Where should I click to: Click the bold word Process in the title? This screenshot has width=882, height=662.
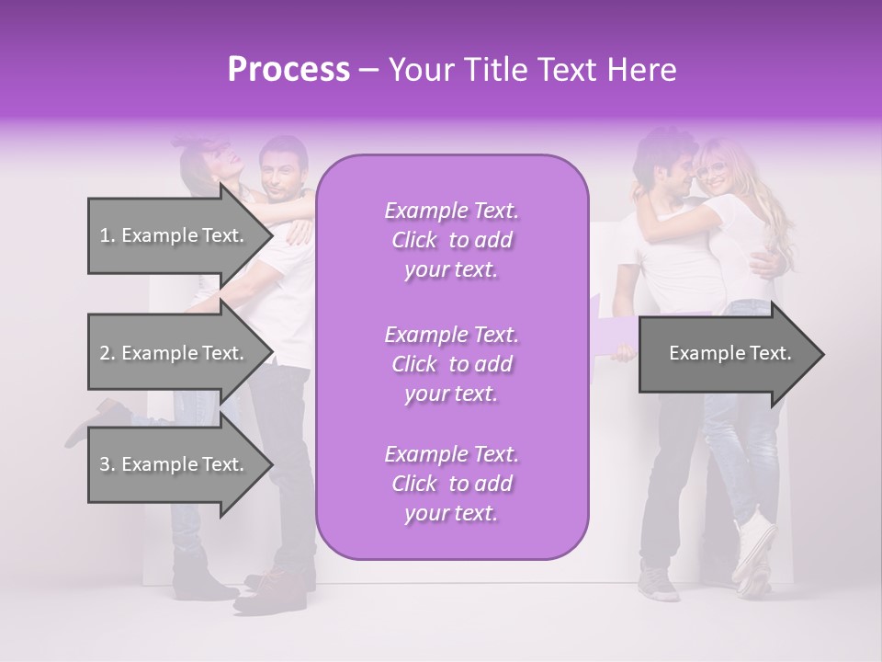click(288, 70)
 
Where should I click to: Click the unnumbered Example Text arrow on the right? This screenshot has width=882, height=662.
click(730, 354)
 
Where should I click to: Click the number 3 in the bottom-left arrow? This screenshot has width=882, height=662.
click(104, 464)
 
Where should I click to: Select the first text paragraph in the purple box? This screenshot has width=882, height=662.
click(451, 240)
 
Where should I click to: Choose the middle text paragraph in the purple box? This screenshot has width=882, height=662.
click(451, 363)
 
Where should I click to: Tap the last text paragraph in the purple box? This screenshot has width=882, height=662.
click(451, 484)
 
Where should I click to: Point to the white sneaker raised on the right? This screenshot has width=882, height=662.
click(753, 547)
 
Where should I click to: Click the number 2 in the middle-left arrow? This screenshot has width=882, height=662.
click(104, 353)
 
